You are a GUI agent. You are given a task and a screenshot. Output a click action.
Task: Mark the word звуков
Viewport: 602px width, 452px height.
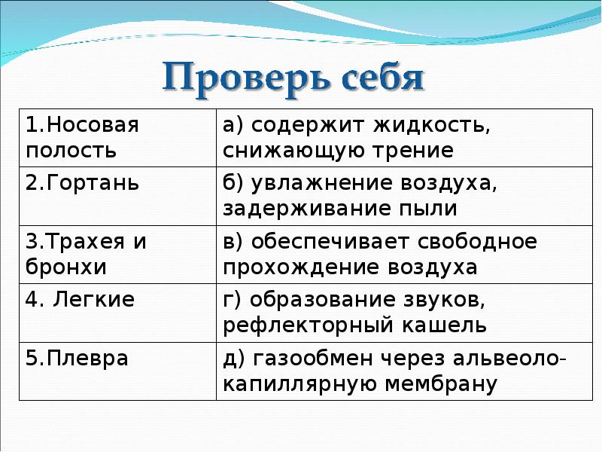443,301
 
